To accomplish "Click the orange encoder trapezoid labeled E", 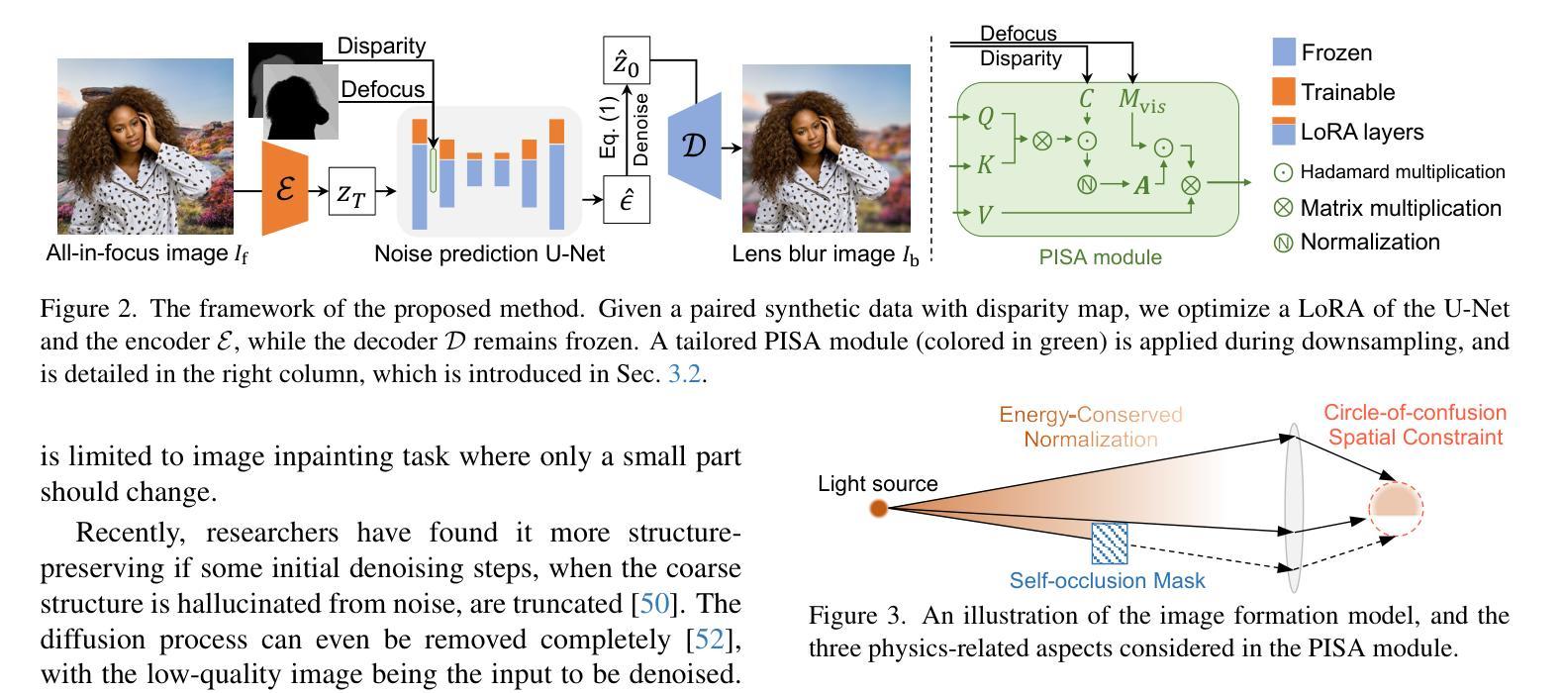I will coord(285,188).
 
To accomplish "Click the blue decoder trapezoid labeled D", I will coord(695,146).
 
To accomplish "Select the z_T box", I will coord(351,192).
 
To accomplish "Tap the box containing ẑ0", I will coord(627,61).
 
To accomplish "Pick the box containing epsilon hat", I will coord(627,199).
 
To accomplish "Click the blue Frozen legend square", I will coord(1284,52).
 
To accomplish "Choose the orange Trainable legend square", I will coord(1284,92).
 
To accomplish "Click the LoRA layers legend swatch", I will coord(1284,132).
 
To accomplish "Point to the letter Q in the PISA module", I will coord(986,117).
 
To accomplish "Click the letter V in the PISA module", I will coord(985,214).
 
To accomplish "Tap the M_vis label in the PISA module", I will coord(1141,100).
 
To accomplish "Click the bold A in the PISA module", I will coord(1141,184).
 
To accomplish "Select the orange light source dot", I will coord(878,509).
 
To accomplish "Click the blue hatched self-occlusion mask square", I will coord(1109,543).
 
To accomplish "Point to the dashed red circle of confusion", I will coord(1396,507).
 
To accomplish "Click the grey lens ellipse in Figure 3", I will coord(1292,505).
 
